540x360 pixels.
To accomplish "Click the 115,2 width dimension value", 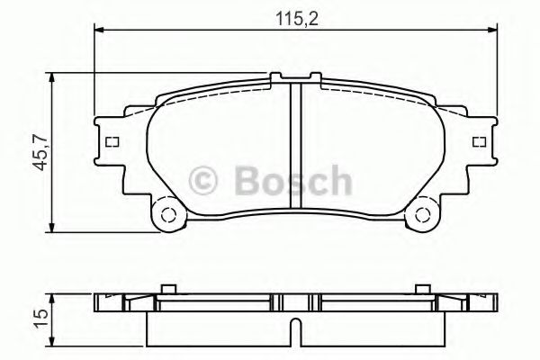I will click(294, 15).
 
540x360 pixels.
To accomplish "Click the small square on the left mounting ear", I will click(112, 142).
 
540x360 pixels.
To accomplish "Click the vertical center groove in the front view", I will click(294, 144).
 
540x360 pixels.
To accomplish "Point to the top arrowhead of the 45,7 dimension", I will click(57, 78).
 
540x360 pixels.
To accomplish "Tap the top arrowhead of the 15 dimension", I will click(56, 296).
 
